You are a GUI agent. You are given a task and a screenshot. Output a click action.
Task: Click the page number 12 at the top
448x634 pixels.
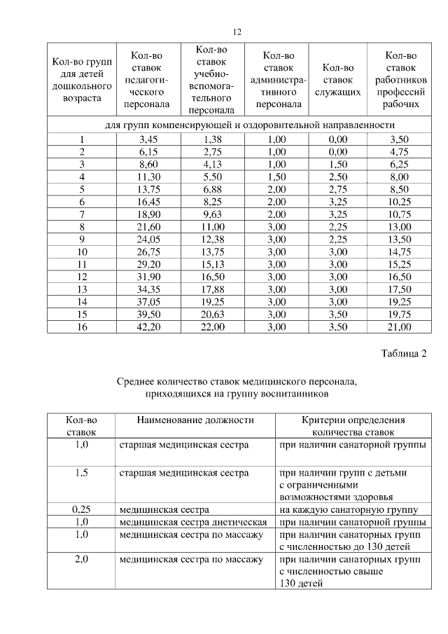[237, 32]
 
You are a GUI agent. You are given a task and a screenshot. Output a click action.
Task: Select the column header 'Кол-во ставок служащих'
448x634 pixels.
[338, 79]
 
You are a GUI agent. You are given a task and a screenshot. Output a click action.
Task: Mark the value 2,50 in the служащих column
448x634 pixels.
[338, 177]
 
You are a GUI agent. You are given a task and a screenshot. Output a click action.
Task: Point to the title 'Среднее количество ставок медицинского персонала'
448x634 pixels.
[236, 383]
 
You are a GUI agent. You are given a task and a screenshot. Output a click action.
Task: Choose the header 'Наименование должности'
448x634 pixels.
[185, 420]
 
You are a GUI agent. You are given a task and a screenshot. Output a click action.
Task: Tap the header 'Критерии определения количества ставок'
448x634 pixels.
[353, 426]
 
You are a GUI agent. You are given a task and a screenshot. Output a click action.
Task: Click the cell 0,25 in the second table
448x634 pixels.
[81, 509]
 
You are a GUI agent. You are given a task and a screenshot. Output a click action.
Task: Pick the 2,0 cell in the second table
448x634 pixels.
[81, 560]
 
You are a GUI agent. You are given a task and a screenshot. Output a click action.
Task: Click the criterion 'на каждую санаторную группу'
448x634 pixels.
[349, 509]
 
